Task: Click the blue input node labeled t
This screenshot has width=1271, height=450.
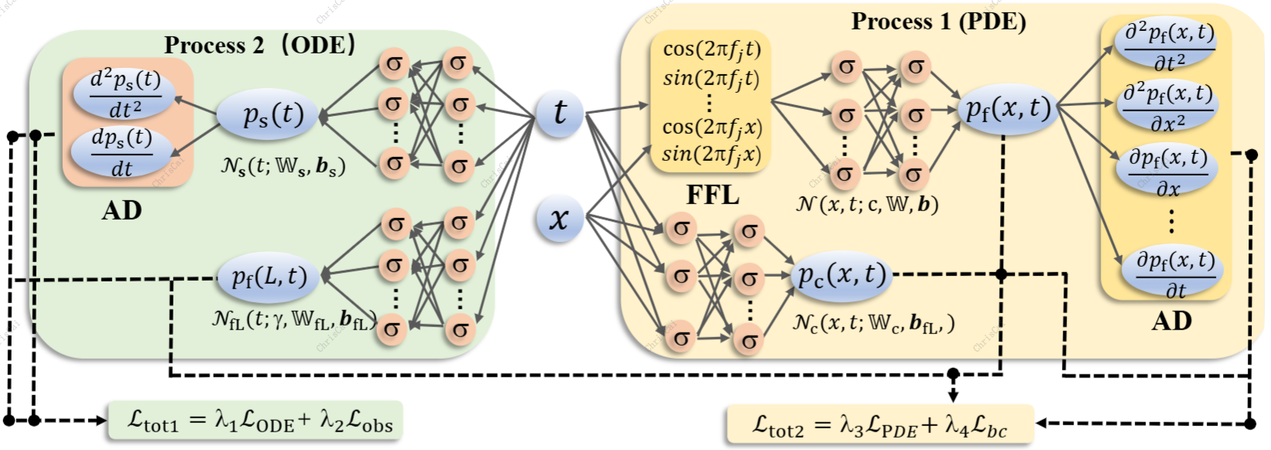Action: [x=559, y=113]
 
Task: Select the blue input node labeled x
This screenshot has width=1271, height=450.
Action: [x=559, y=219]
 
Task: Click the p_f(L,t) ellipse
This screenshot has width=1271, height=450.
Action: [x=269, y=277]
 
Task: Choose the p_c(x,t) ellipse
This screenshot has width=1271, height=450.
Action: [x=842, y=275]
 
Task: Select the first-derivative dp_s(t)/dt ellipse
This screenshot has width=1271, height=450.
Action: [x=122, y=152]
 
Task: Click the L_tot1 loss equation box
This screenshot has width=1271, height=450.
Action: [x=256, y=421]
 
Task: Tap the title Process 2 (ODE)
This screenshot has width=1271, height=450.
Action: [x=260, y=45]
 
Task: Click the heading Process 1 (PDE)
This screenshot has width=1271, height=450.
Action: [x=938, y=22]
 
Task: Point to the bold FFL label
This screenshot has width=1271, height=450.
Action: [x=712, y=196]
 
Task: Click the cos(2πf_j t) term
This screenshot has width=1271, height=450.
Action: [x=711, y=49]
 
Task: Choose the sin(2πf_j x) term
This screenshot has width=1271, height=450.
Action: [x=711, y=154]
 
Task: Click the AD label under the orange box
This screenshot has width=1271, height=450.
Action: [x=122, y=210]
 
